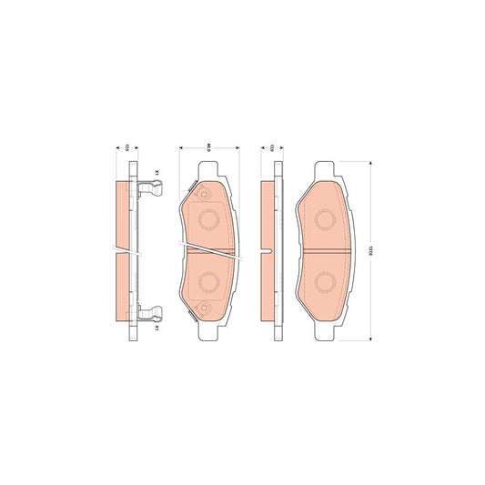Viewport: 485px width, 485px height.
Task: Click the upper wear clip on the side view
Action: (152, 190)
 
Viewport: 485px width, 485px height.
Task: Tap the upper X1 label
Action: (157, 172)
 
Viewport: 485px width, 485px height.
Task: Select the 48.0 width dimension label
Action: (208, 147)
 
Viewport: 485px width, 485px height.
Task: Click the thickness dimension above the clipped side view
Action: (127, 147)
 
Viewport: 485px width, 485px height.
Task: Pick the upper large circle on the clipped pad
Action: (208, 219)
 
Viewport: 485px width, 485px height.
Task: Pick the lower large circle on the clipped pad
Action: (208, 281)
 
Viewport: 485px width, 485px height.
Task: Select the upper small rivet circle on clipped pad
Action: (203, 194)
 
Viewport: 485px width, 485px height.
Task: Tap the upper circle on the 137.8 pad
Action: (325, 220)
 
